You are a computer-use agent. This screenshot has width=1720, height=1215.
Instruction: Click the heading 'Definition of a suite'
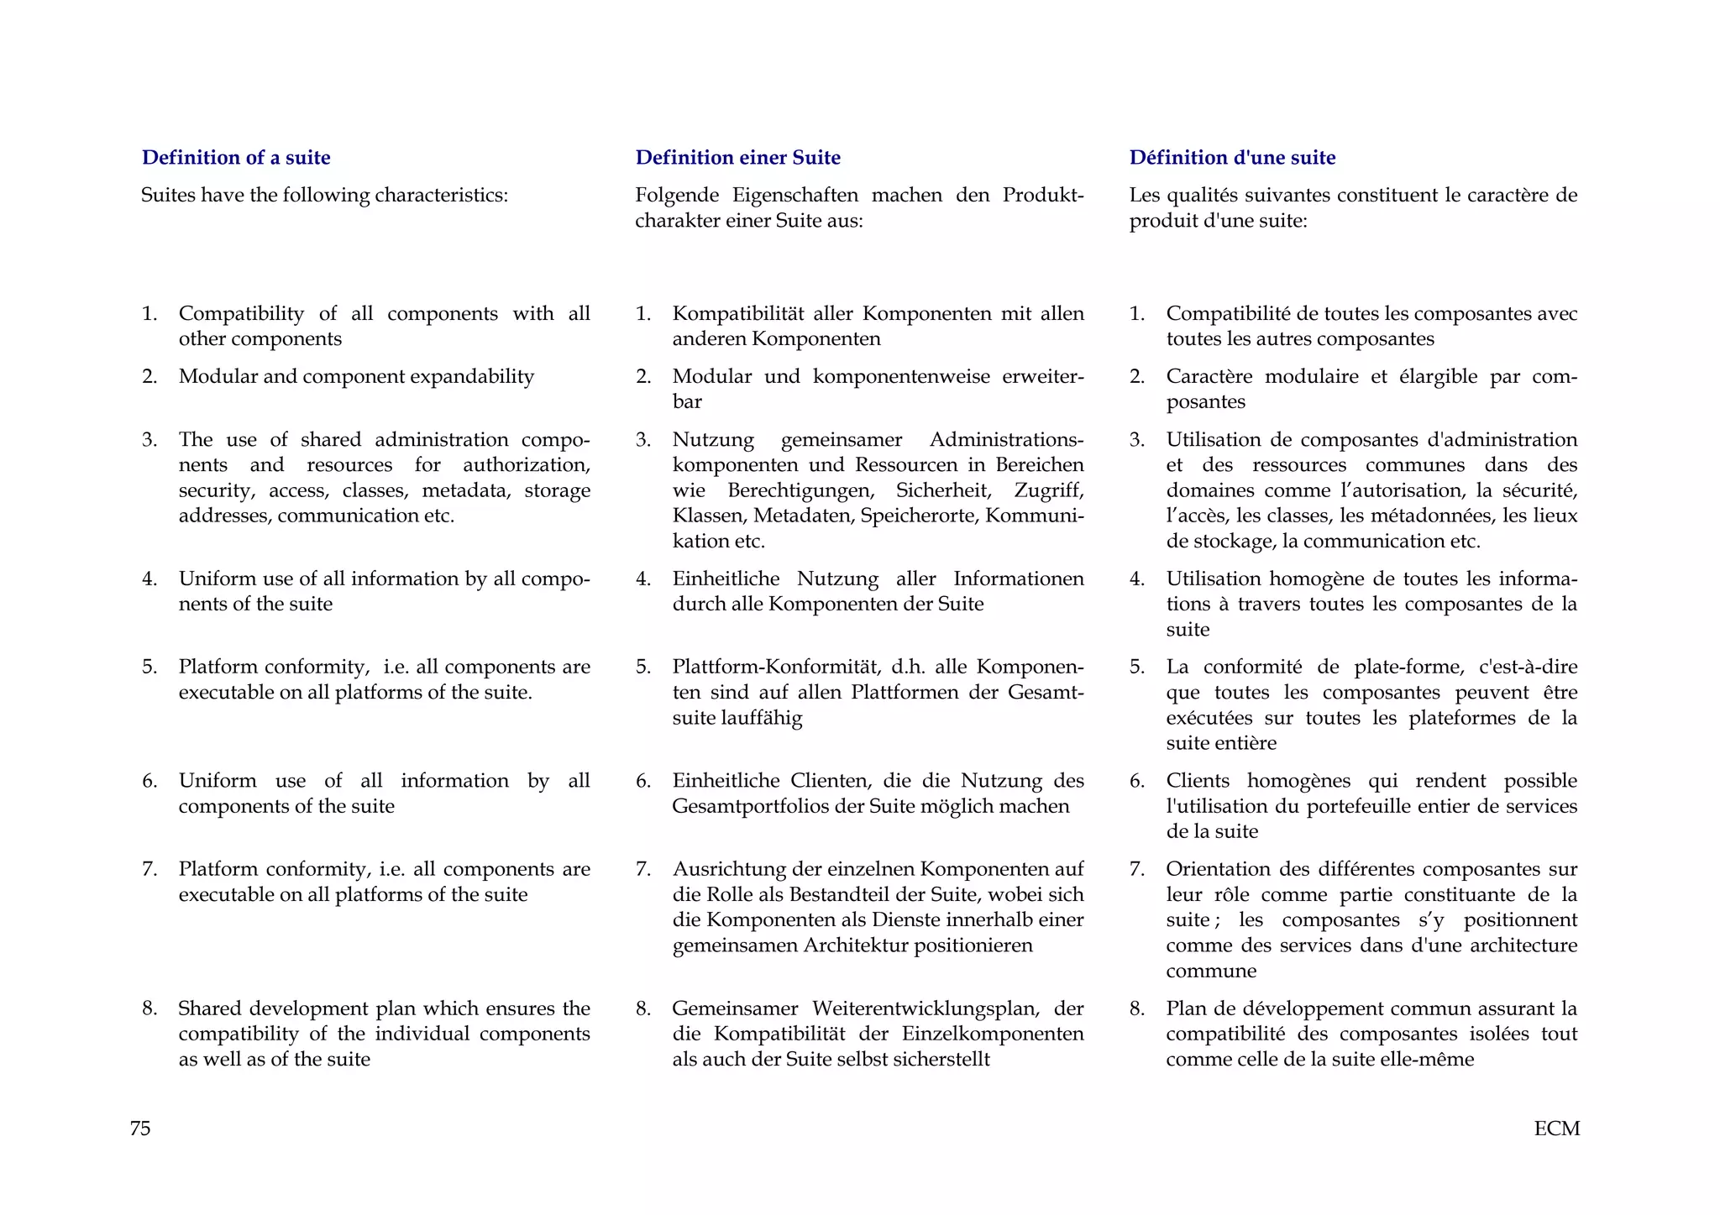click(236, 157)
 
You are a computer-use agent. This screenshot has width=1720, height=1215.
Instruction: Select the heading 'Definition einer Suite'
click(737, 157)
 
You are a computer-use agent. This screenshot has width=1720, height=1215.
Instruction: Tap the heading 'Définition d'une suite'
click(1232, 157)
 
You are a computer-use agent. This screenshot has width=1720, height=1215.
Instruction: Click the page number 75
click(140, 1128)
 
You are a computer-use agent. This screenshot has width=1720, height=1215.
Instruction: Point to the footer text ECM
click(1556, 1128)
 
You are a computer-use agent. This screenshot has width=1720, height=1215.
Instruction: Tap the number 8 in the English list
click(149, 1008)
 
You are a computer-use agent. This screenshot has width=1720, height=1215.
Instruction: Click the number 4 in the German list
click(642, 579)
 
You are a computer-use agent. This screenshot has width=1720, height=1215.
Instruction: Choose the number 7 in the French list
click(1136, 869)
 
